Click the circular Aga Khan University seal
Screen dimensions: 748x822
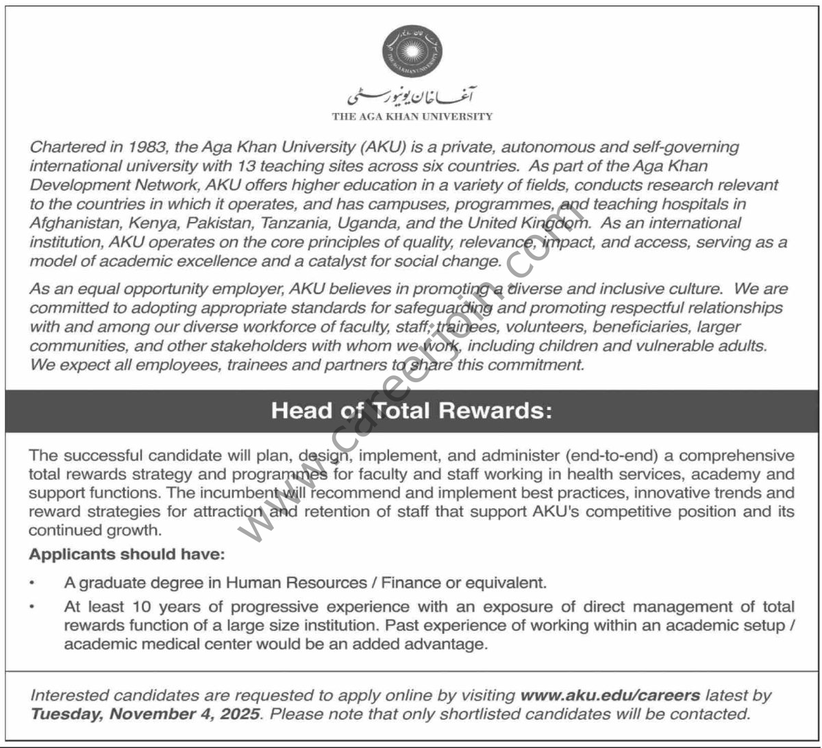click(x=412, y=50)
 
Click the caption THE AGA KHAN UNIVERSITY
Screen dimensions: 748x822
click(x=412, y=116)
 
